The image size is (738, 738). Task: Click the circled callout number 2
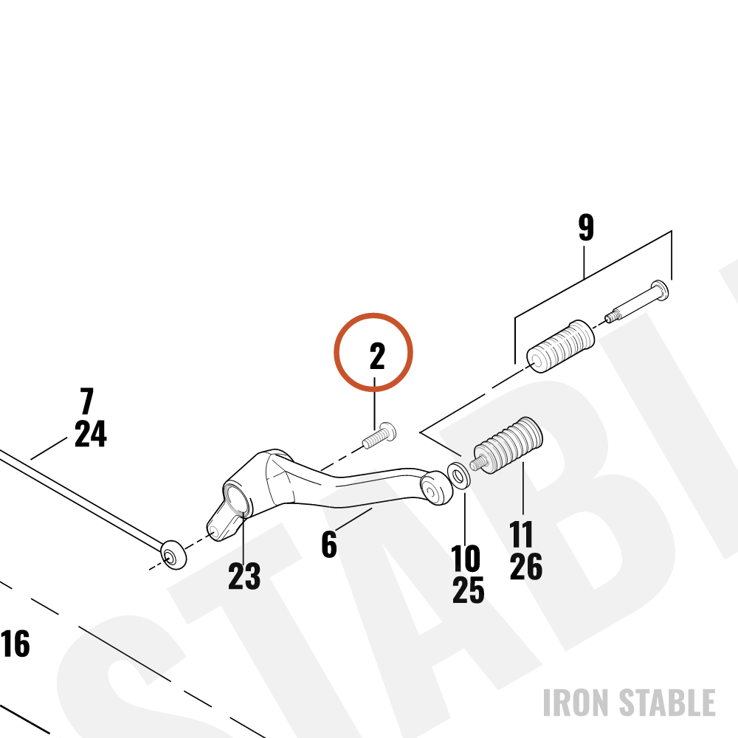[377, 356]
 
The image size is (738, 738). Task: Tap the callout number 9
[586, 228]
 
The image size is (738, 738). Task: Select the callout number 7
[87, 401]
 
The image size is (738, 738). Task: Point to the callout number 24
[91, 433]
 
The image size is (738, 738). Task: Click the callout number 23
[244, 576]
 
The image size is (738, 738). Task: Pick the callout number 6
[329, 544]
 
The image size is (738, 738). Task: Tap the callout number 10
[466, 559]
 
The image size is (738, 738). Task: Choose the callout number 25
[469, 590]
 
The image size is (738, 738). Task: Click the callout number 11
[522, 534]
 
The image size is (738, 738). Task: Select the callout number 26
[525, 566]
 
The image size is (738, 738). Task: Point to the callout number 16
[15, 644]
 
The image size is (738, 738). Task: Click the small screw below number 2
[379, 436]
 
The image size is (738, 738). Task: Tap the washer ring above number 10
[458, 475]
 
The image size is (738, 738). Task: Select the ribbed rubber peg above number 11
[508, 444]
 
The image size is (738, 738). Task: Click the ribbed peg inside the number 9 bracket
[560, 346]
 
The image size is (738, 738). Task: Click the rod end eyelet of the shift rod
[173, 555]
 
